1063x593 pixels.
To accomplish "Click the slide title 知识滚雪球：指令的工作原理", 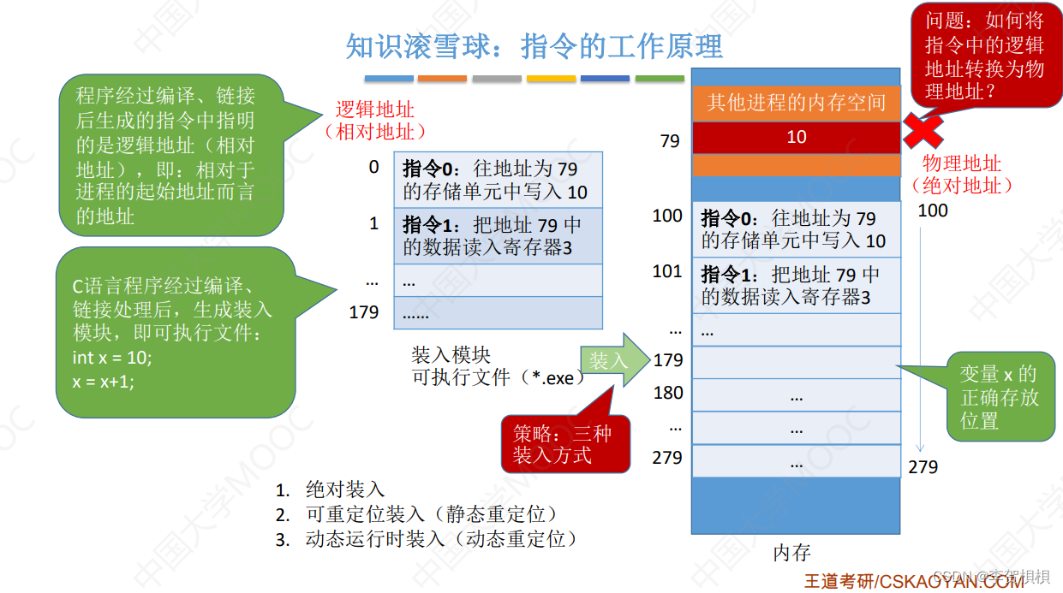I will click(x=534, y=46).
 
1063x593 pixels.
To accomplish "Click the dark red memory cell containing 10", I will click(x=796, y=137).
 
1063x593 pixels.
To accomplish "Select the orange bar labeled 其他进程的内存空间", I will click(x=796, y=104).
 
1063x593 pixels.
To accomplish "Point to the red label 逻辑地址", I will click(x=374, y=109).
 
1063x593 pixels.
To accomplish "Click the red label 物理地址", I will click(x=961, y=163).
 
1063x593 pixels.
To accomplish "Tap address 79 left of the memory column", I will click(x=670, y=140).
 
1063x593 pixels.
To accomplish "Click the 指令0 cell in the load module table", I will click(x=498, y=179).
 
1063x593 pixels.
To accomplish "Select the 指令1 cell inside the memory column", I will click(x=796, y=286).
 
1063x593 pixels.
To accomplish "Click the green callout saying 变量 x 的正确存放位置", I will click(x=999, y=397).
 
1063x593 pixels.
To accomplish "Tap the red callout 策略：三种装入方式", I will click(x=563, y=444).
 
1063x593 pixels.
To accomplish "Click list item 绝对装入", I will click(x=345, y=490).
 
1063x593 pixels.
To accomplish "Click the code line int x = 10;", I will click(x=112, y=357).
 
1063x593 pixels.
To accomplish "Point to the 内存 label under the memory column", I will click(x=791, y=553).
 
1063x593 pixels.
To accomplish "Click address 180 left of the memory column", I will click(x=668, y=393).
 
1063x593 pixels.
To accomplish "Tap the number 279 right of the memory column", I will click(x=923, y=467).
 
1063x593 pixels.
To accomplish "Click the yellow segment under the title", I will click(x=551, y=79).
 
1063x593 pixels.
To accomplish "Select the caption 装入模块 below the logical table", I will click(x=451, y=355).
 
